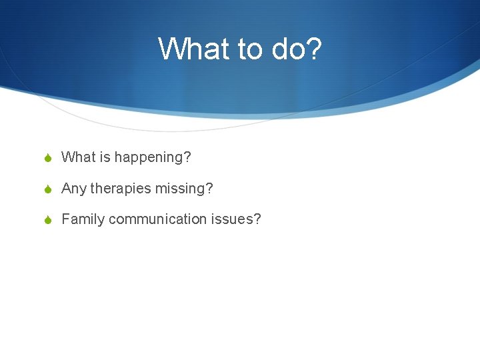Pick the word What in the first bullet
click(79, 157)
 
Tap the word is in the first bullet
click(105, 157)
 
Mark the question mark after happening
click(187, 157)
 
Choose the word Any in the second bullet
click(74, 189)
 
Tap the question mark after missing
click(210, 189)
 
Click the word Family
click(83, 220)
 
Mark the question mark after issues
click(257, 219)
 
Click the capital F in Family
click(65, 219)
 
